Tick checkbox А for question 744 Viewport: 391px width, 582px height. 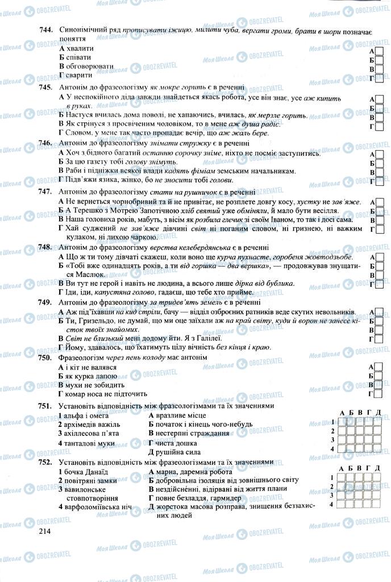380,51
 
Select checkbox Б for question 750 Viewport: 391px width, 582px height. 380,376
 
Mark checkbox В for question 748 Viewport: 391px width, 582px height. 380,275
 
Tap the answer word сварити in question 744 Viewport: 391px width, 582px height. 81,74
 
